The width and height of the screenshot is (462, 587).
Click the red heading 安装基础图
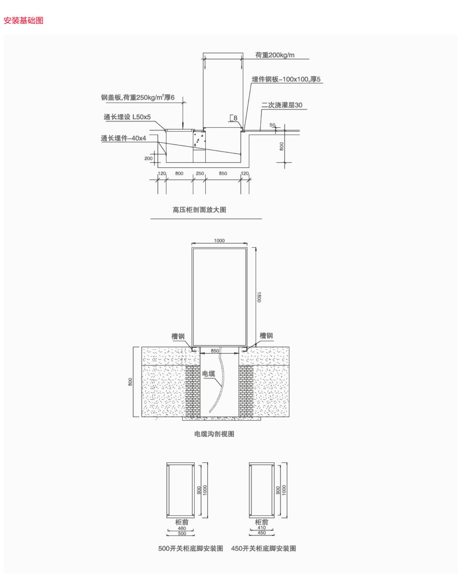[x=23, y=20]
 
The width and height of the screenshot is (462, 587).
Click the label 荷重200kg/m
[x=275, y=55]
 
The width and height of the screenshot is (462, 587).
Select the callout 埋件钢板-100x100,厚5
[x=286, y=79]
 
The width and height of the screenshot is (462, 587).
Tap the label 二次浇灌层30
[x=282, y=105]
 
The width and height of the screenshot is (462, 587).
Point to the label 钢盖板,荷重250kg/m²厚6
[x=138, y=97]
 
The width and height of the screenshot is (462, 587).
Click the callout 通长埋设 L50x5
[x=127, y=117]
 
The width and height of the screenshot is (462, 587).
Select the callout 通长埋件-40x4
[x=123, y=138]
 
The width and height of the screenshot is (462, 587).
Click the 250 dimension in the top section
[x=200, y=173]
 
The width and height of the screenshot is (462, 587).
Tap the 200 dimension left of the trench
[x=148, y=158]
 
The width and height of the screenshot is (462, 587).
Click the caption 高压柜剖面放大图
[x=199, y=210]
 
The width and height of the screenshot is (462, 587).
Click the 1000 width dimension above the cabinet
[x=219, y=241]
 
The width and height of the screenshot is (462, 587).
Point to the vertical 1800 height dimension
[x=259, y=297]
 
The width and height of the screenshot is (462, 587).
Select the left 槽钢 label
[x=178, y=336]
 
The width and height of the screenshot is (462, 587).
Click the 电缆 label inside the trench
[x=208, y=373]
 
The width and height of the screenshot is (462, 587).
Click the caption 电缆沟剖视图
[x=214, y=434]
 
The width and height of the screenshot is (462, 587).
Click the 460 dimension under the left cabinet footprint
[x=182, y=528]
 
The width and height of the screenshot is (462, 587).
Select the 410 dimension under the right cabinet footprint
[x=262, y=528]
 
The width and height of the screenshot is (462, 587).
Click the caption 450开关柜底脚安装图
[x=263, y=549]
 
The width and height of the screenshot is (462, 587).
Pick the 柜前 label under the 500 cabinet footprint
[x=182, y=522]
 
